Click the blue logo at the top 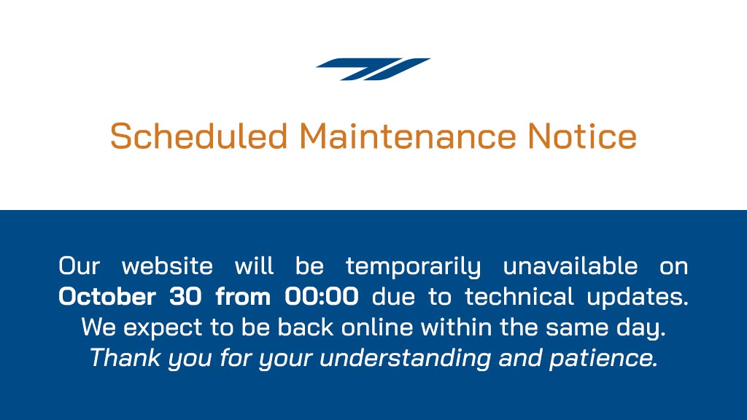pos(373,69)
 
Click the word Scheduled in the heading pos(198,136)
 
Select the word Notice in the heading pos(581,136)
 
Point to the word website pos(167,266)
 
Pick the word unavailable pos(570,266)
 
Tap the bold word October pos(107,297)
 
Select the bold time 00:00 pos(322,297)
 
